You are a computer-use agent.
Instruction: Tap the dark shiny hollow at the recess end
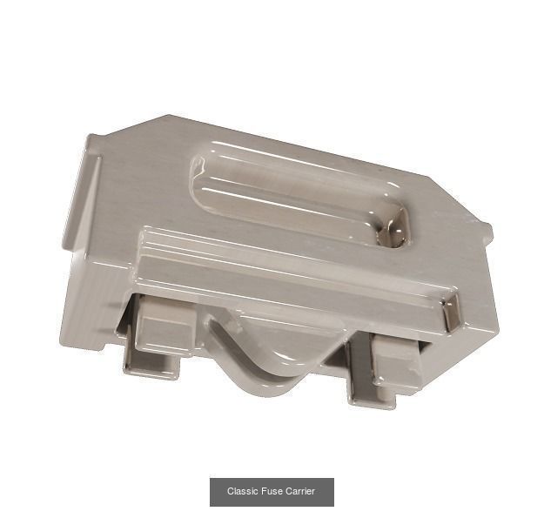click(393, 229)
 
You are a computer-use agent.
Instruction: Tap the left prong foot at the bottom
click(151, 366)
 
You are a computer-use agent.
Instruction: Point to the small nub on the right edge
click(487, 232)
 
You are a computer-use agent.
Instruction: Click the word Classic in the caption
click(243, 492)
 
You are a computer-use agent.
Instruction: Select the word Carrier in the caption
click(300, 492)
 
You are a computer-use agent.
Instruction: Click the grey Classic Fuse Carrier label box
click(272, 492)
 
